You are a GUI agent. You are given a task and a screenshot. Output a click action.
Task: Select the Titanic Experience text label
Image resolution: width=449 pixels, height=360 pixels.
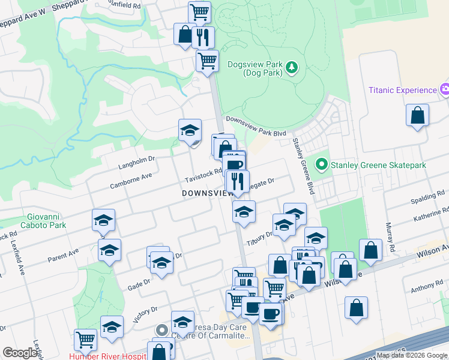(x=402, y=90)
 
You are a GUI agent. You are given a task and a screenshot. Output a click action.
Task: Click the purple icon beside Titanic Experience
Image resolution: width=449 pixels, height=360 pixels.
(x=445, y=90)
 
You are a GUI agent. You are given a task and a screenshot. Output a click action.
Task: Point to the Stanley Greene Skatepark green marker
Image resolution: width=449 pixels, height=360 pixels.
(x=322, y=164)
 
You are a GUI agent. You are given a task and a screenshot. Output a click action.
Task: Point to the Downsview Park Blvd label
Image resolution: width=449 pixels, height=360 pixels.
(x=256, y=127)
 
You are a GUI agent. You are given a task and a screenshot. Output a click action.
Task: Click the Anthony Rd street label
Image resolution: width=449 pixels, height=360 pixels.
(x=427, y=289)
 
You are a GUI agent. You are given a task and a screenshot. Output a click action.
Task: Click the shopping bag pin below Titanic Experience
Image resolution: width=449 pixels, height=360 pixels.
(x=417, y=115)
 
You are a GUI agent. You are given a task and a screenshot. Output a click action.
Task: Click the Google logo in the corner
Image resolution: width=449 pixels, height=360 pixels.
(x=20, y=353)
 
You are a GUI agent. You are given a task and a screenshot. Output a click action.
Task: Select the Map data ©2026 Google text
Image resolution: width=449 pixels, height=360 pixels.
(x=412, y=355)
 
